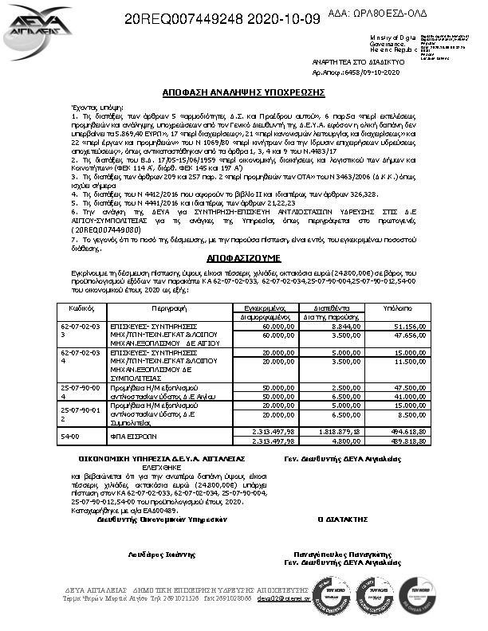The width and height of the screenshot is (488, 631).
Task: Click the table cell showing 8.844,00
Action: coord(332,325)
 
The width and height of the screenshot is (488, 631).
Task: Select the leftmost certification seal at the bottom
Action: coord(329,595)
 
